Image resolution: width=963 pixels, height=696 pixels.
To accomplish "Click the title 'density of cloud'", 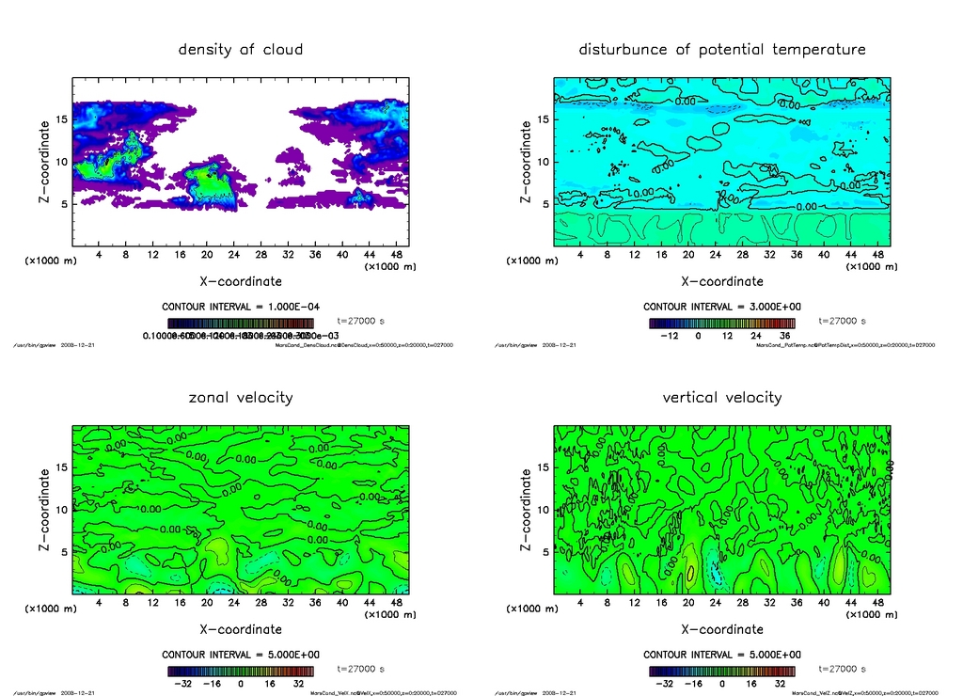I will point(241,49).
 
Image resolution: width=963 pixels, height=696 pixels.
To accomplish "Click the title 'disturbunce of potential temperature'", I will point(721,49).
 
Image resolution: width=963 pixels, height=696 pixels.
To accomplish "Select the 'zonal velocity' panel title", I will point(241,397).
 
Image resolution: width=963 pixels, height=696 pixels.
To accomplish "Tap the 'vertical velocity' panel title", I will point(721,397).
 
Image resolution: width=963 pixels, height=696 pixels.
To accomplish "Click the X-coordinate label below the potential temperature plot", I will point(721,281).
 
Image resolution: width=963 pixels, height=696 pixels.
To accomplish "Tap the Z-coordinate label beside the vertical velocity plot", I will point(526,509).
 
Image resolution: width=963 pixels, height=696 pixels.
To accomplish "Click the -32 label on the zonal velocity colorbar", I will point(184,683).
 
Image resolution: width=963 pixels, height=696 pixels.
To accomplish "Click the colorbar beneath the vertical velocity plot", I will point(721,671).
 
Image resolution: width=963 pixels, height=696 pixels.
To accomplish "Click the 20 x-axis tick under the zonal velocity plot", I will point(207,602).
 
